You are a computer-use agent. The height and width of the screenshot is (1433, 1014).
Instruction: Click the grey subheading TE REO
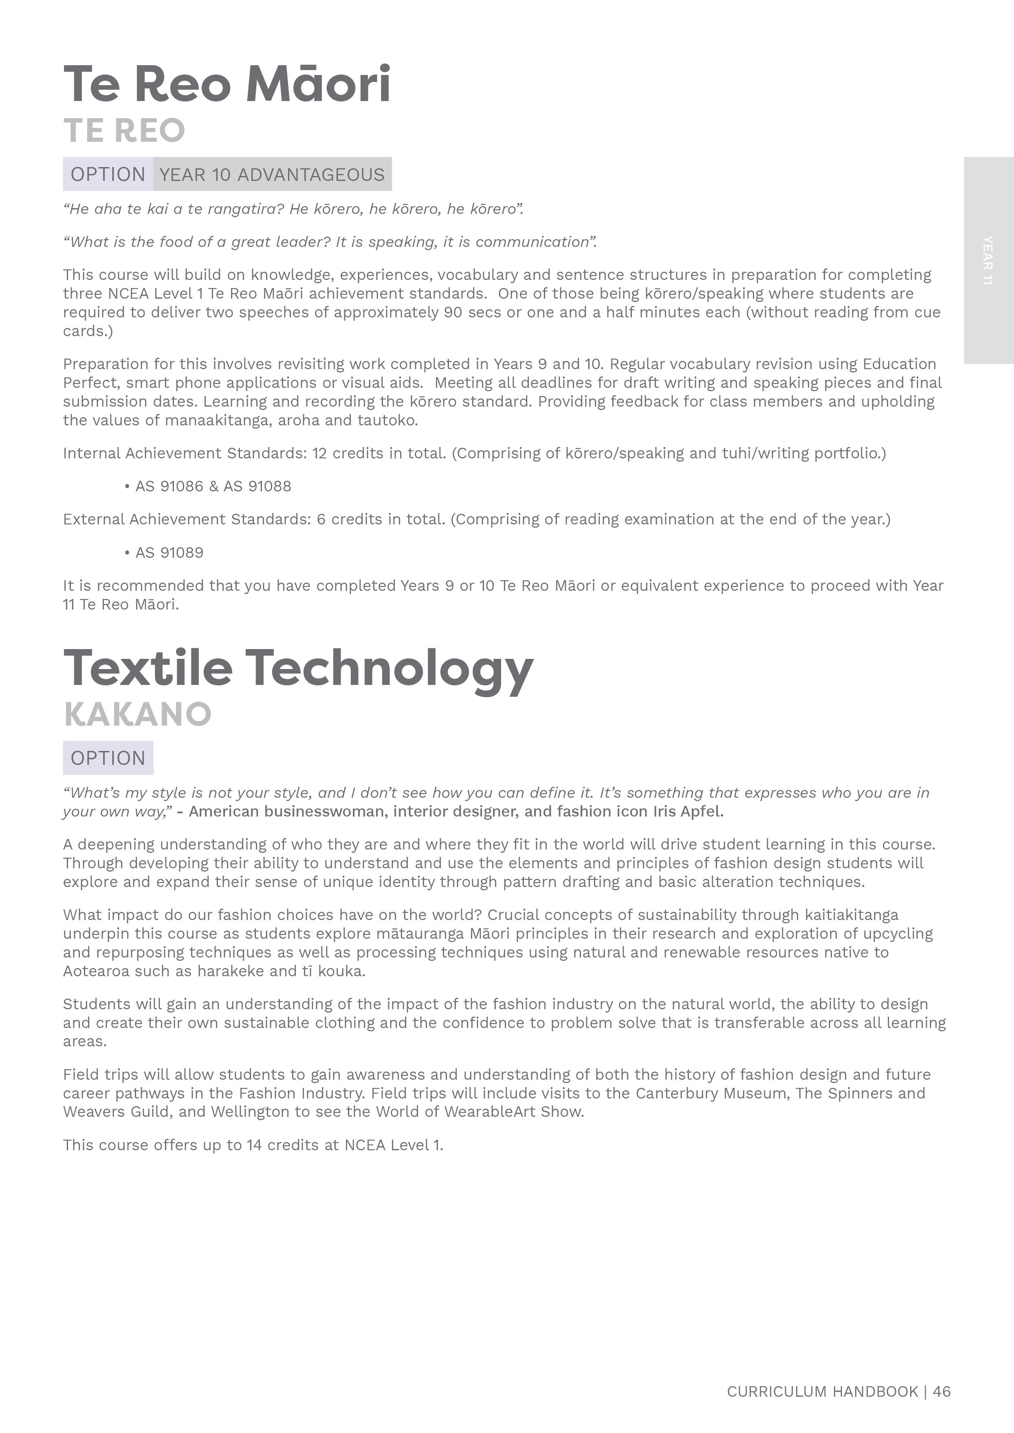(124, 130)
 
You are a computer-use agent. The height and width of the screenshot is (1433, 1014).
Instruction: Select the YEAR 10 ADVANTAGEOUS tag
(272, 174)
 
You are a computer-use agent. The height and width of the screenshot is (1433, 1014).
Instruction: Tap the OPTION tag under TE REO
(108, 174)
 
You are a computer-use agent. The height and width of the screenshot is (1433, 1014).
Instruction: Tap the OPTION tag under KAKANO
(108, 758)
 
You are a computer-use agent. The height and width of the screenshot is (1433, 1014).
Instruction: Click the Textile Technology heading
(299, 669)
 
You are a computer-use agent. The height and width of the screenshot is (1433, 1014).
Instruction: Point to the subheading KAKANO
(138, 714)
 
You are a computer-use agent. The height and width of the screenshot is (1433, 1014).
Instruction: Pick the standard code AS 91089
(169, 553)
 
